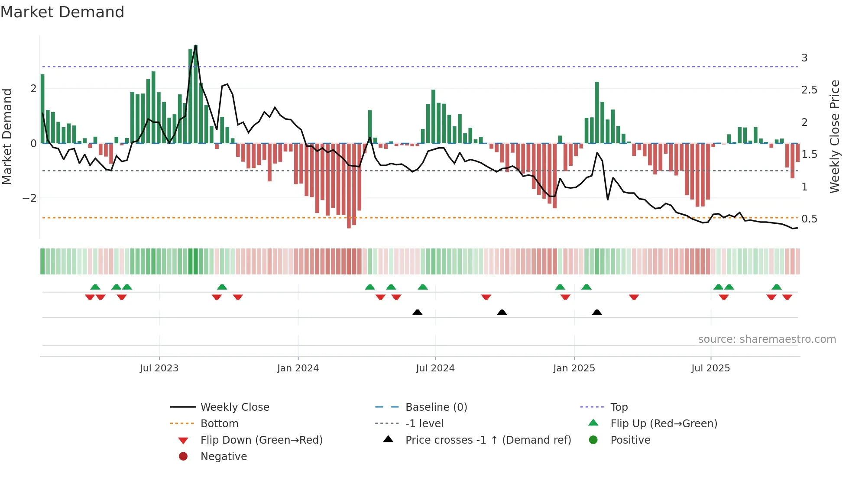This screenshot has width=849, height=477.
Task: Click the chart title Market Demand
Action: pos(62,12)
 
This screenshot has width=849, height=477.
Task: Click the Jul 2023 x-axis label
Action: pos(159,368)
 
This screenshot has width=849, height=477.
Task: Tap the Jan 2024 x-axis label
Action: pos(298,368)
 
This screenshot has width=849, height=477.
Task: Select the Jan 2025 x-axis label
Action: pos(574,368)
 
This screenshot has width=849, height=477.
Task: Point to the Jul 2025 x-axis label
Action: pos(710,368)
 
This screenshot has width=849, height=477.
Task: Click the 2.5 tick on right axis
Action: pos(809,90)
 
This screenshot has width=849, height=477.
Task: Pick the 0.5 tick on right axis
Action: pos(809,219)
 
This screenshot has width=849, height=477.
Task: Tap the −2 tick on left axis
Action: pos(30,198)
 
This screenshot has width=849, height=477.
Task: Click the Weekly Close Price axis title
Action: pos(835,136)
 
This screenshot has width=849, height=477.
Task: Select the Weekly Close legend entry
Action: pos(234,407)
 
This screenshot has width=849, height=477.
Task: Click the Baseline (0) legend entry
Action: pos(436,407)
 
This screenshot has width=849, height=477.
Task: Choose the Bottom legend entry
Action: pos(219,424)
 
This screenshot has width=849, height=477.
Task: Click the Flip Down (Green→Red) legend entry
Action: pos(261,440)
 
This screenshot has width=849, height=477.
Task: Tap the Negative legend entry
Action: pos(224,457)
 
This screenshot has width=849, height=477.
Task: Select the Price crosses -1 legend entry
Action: pos(488,440)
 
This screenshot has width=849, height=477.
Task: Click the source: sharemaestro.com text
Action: pos(767,339)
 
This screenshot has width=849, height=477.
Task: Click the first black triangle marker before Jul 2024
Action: pos(417,312)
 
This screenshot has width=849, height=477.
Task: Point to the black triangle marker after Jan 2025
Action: pos(597,312)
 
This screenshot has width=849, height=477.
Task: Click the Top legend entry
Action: pos(619,407)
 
